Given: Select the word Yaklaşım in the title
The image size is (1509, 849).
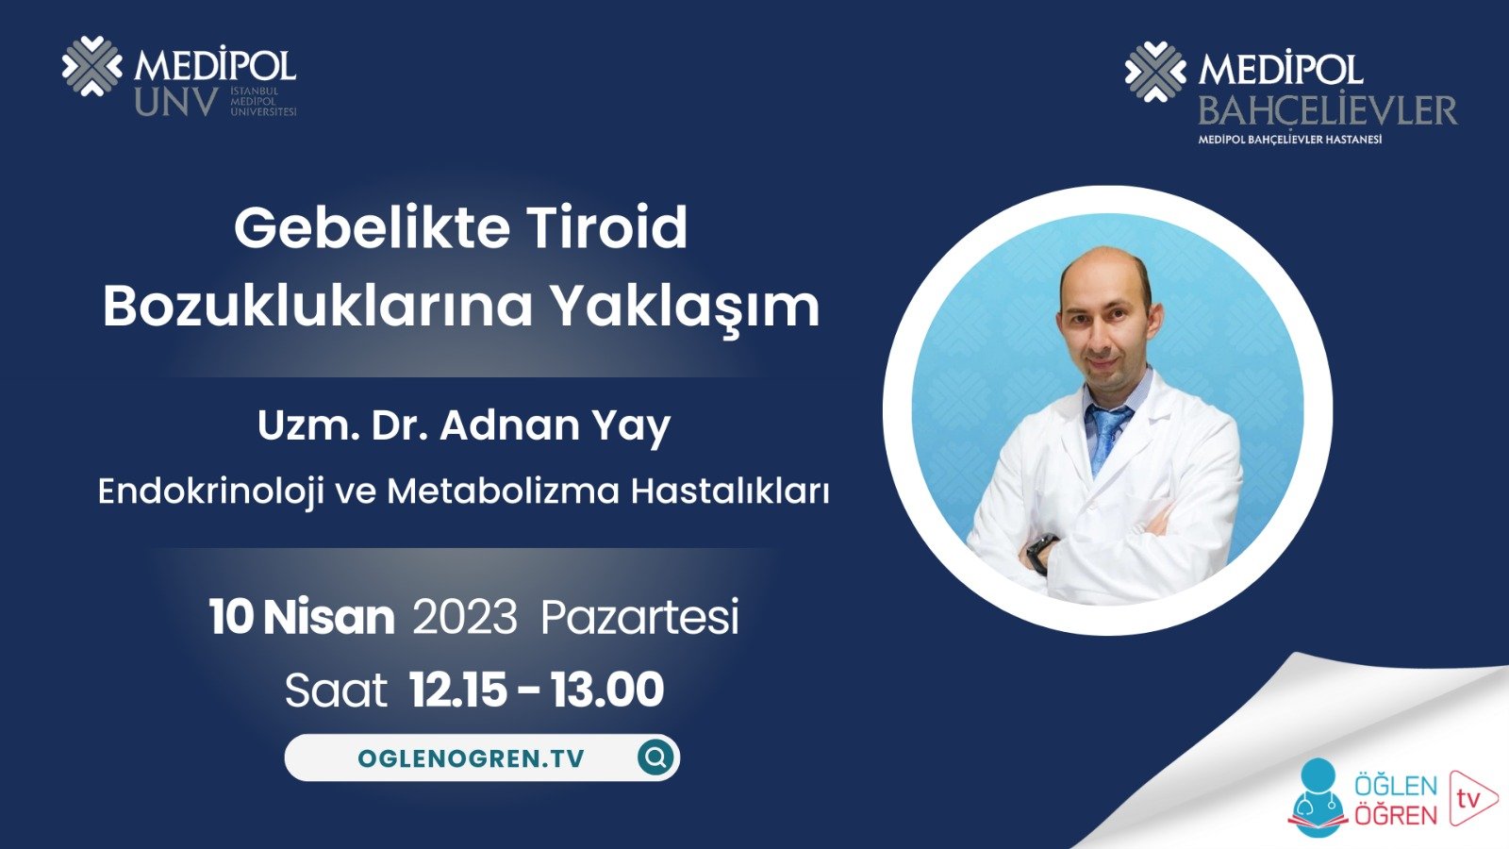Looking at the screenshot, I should [x=685, y=307].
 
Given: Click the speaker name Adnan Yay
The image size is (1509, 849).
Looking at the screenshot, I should [x=556, y=426].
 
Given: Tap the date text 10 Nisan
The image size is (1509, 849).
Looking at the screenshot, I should [x=302, y=617].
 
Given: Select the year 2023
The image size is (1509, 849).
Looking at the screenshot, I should [x=465, y=618].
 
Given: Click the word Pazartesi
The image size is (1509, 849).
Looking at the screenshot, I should [x=639, y=619].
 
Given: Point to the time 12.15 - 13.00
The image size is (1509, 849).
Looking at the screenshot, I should [x=537, y=691].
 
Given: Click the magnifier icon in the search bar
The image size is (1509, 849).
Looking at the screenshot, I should [x=655, y=757].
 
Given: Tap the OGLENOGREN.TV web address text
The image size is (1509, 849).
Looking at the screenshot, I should [x=471, y=758].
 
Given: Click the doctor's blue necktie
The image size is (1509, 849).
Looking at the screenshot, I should [x=1106, y=434].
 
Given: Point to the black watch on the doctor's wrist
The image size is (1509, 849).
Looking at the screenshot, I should [x=1041, y=552].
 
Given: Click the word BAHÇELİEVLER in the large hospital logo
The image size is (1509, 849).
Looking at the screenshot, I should [x=1327, y=111].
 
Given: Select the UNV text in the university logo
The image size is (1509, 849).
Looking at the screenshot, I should [x=176, y=102].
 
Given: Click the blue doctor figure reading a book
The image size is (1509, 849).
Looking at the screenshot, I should [x=1318, y=798].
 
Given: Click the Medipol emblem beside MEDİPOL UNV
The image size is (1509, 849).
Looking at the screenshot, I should [x=91, y=66].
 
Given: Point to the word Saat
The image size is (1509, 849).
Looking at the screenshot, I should [x=336, y=691].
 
